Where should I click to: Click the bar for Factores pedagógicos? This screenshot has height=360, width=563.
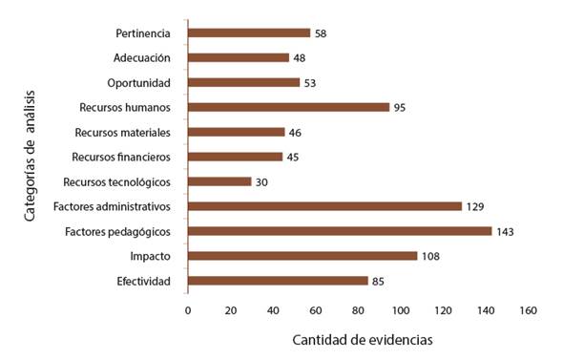(340, 231)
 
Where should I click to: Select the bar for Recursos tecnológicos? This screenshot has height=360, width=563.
(219, 181)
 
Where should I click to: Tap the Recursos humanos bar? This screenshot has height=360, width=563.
(288, 107)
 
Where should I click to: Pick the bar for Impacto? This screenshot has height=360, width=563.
(302, 256)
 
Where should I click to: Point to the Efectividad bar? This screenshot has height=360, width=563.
(278, 281)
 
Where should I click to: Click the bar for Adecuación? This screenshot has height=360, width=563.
(239, 57)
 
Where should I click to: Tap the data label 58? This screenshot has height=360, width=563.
(323, 33)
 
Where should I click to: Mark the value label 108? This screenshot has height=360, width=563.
(431, 256)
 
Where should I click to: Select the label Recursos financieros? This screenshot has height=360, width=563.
(121, 157)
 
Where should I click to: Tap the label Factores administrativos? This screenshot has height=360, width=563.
(113, 206)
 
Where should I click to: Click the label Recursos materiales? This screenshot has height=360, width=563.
(122, 132)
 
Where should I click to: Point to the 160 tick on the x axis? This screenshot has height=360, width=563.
(528, 311)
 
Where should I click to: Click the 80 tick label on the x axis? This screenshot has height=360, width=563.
(358, 311)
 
